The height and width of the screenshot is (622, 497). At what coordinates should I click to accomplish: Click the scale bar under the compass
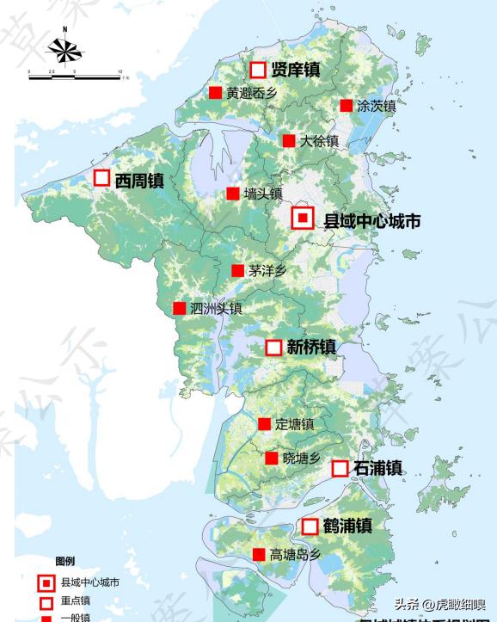tap(75, 77)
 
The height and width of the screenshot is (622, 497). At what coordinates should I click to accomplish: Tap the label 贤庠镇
tap(295, 70)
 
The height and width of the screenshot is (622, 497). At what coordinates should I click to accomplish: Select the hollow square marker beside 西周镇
tap(101, 178)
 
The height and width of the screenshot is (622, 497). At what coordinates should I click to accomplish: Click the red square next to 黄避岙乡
tap(216, 93)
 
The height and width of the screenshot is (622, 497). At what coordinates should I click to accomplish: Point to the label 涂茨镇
tap(377, 106)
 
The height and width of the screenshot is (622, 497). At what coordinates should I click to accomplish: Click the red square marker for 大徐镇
tap(289, 140)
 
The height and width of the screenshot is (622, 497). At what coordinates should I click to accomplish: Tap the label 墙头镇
tap(263, 194)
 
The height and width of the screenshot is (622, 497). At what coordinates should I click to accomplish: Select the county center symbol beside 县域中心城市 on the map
tap(302, 219)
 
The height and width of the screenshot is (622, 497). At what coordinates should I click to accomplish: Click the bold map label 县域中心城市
tap(371, 221)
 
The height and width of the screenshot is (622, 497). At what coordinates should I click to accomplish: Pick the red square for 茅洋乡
tap(237, 270)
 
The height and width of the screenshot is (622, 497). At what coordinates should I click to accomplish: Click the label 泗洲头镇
tap(216, 308)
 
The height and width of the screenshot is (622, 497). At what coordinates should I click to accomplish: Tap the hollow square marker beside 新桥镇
tap(273, 348)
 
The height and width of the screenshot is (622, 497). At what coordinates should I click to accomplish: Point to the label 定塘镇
tap(295, 424)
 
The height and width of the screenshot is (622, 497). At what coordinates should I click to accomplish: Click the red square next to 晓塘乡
tap(272, 459)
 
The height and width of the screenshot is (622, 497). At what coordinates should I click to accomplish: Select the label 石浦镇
tap(378, 469)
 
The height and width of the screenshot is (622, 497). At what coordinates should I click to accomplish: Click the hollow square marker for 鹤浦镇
tap(310, 526)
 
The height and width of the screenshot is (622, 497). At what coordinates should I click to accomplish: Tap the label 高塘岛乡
tap(295, 555)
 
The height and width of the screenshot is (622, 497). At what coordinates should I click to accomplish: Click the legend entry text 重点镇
tap(76, 600)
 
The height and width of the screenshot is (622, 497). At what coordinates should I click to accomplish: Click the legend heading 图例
tap(65, 561)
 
